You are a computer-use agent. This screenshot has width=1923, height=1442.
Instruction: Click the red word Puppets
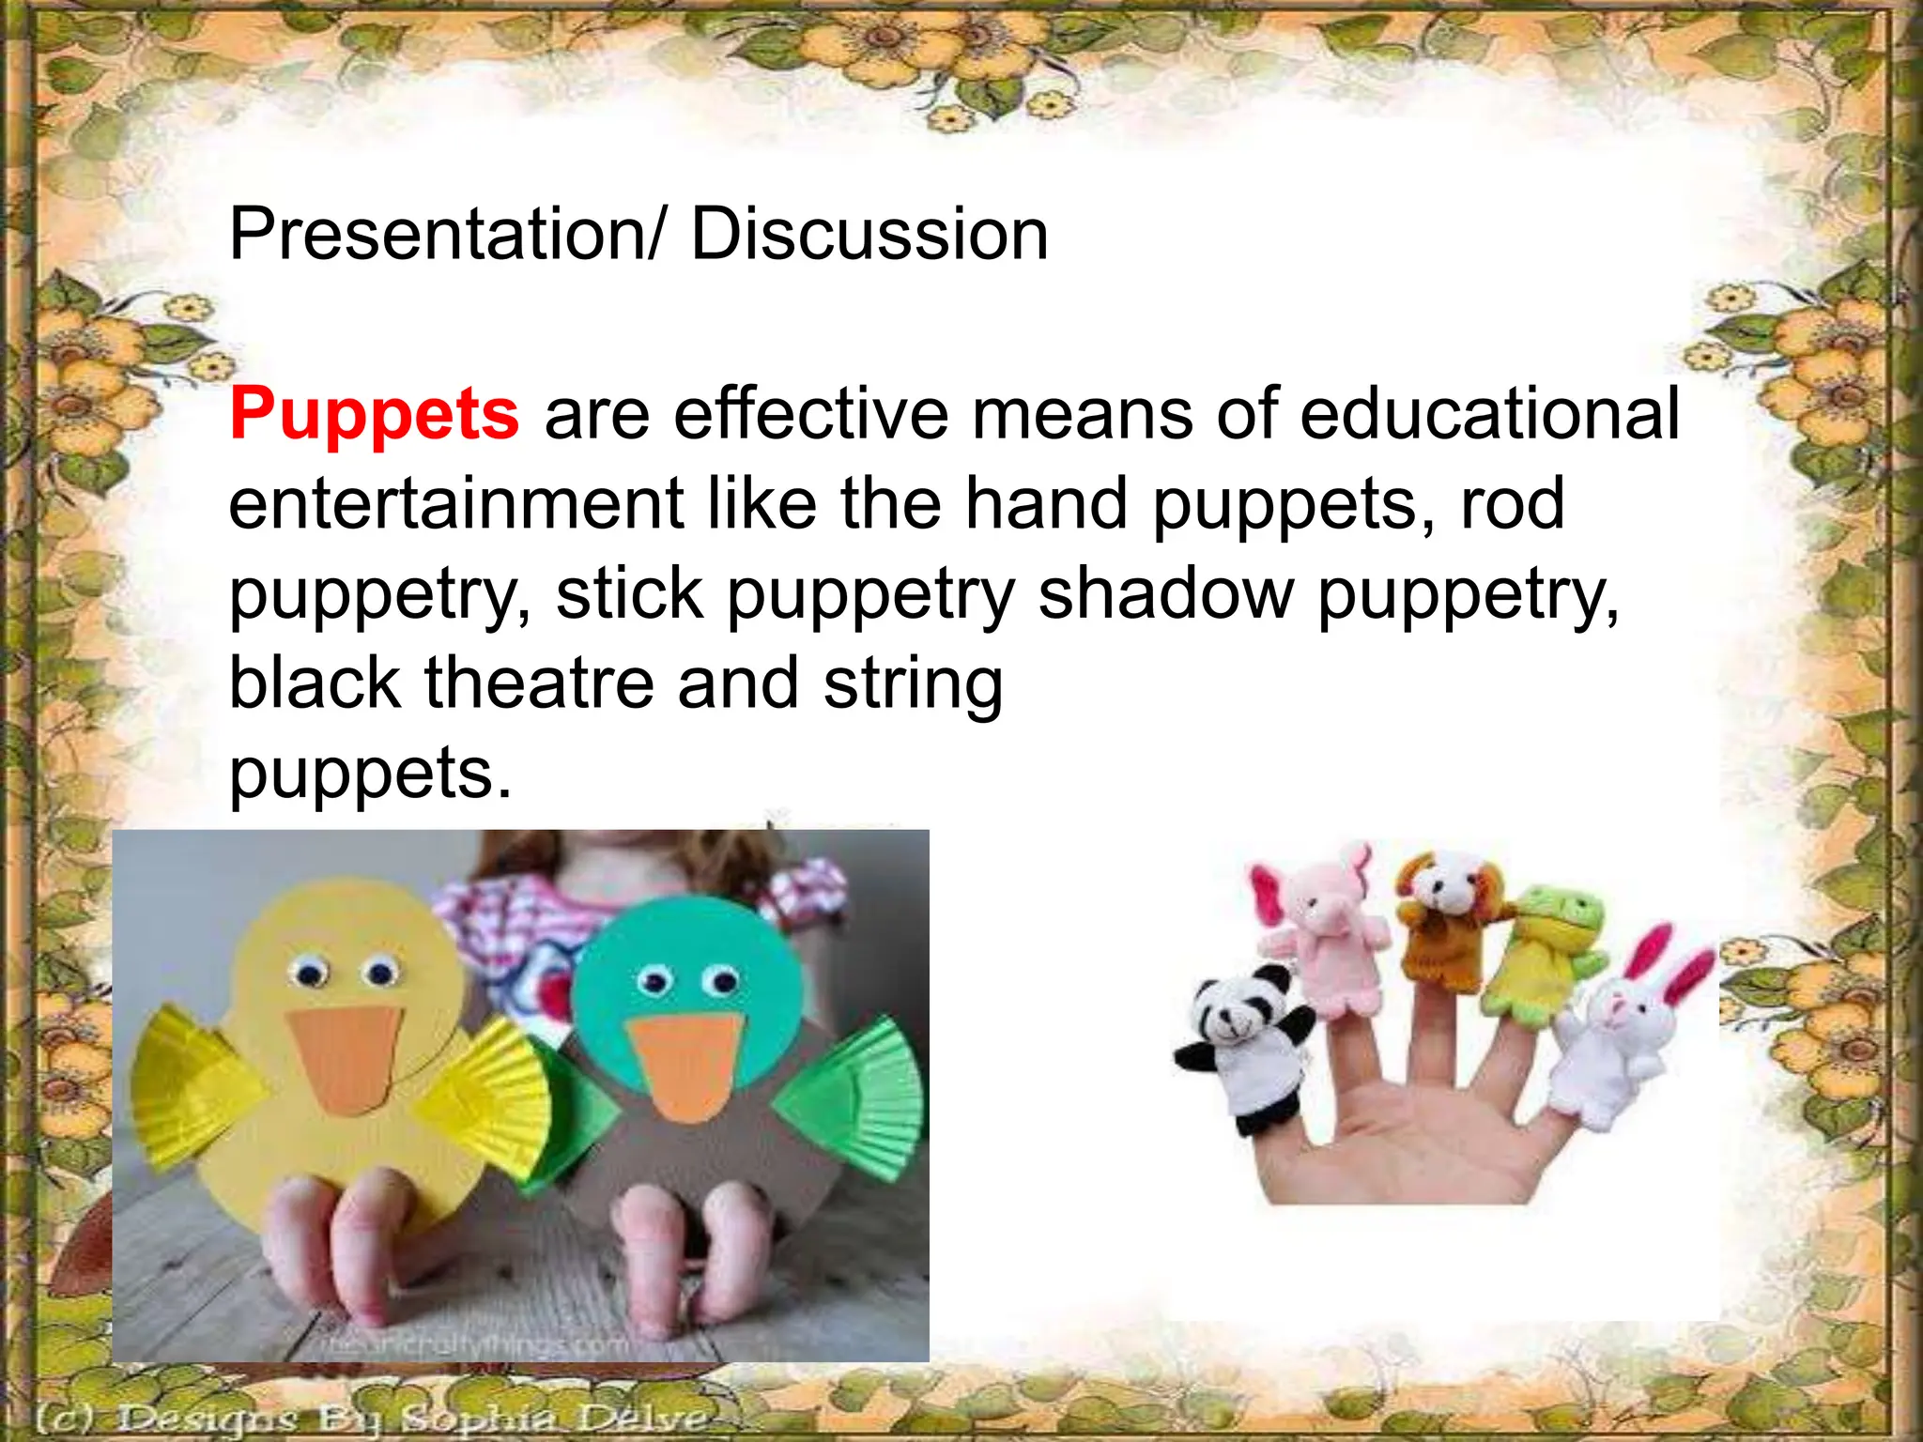tap(374, 413)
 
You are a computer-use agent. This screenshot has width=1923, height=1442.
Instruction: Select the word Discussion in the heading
tap(869, 234)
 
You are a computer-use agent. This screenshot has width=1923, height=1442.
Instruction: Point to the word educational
tap(1490, 413)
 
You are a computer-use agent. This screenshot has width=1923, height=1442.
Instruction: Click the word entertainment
tap(455, 503)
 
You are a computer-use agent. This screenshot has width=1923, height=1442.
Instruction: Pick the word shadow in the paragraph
tap(1166, 593)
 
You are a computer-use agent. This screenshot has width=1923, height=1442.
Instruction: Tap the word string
tap(914, 685)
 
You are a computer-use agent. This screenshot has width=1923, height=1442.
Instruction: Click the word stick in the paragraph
tap(630, 593)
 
